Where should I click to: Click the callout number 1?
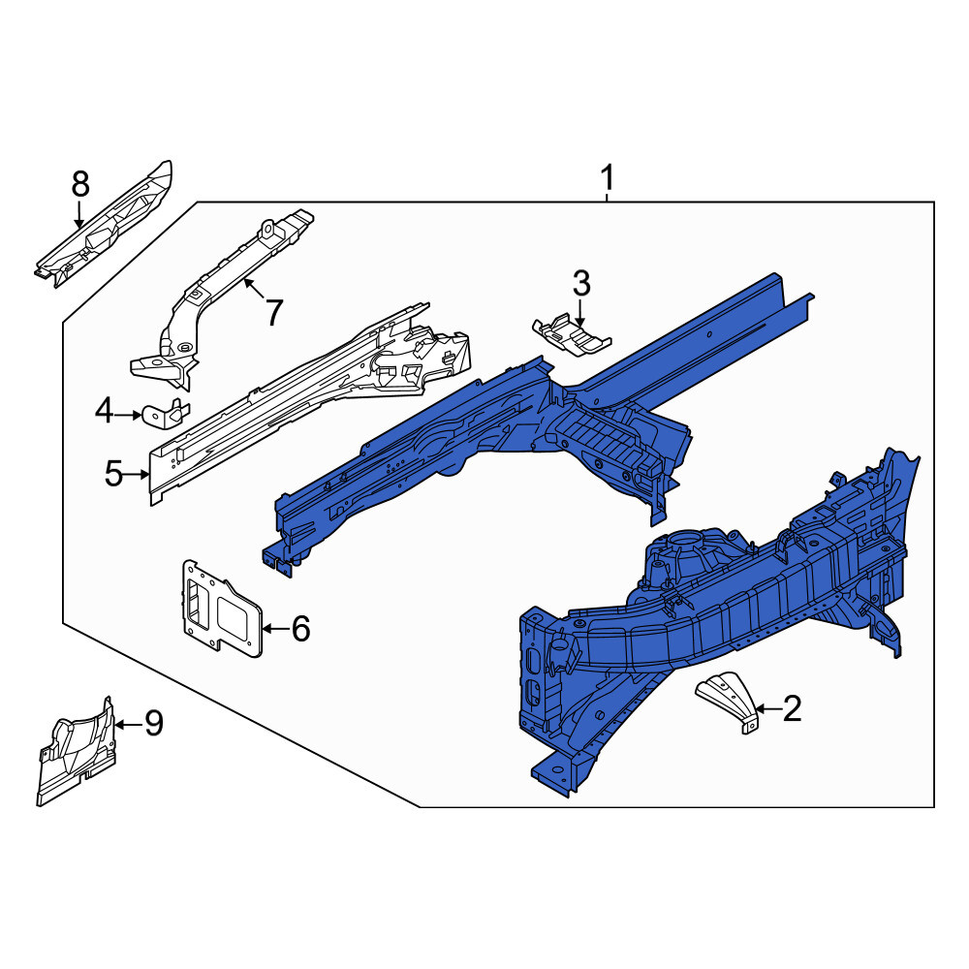click(609, 178)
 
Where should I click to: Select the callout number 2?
click(793, 708)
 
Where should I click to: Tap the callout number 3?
click(581, 284)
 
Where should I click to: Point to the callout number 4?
click(105, 411)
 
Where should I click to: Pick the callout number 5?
click(113, 474)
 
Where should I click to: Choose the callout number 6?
click(300, 629)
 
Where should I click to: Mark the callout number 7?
click(273, 312)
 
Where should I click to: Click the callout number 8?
click(80, 184)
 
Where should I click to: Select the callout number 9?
click(154, 723)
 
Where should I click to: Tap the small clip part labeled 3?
click(572, 335)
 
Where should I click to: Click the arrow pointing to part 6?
click(275, 629)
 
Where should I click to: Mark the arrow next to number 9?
click(129, 724)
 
